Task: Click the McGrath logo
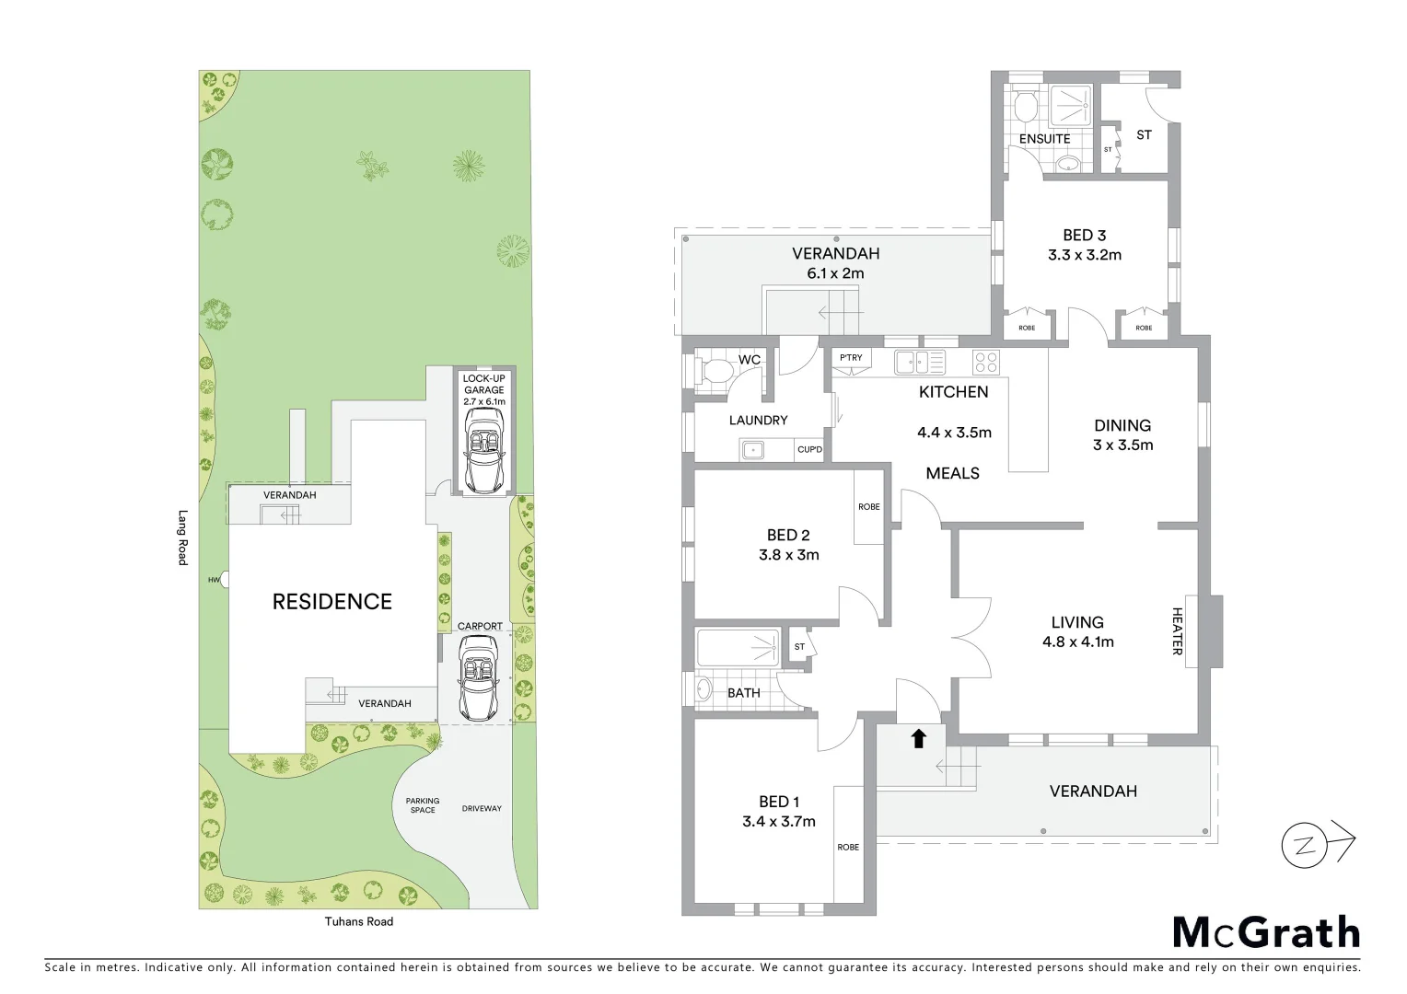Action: pos(1266,932)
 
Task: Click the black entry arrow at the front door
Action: pos(918,738)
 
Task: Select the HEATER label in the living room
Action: pos(1178,630)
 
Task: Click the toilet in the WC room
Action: pos(713,372)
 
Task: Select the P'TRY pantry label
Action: pos(849,357)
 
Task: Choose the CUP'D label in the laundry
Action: pos(809,450)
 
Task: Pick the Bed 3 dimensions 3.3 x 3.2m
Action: pos(1084,255)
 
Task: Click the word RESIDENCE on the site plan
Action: pos(331,602)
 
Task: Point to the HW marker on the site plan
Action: pos(214,580)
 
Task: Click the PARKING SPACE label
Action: pos(423,805)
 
